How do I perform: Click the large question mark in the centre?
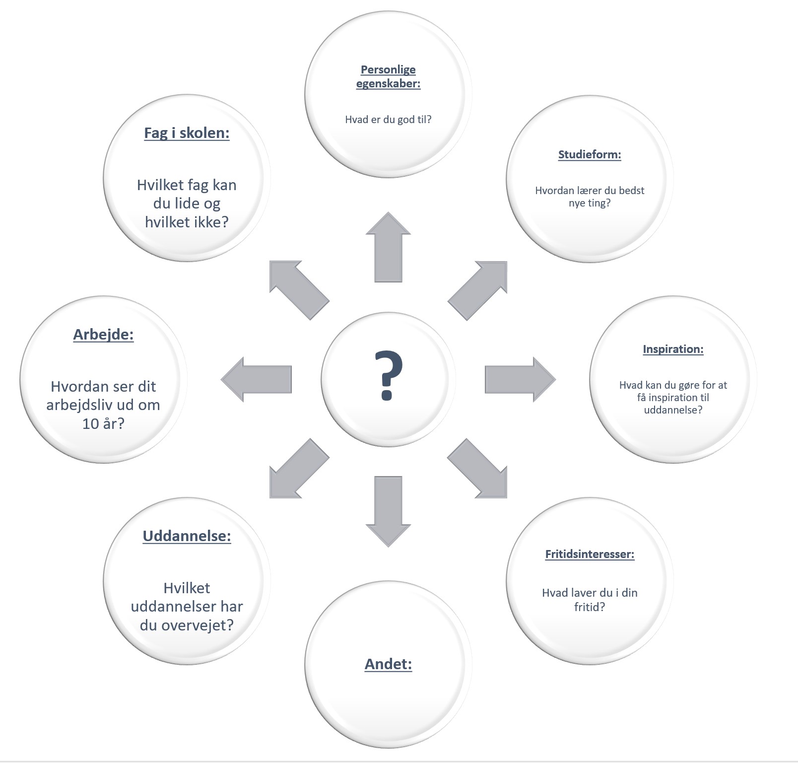tap(388, 375)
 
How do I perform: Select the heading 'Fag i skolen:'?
tap(187, 133)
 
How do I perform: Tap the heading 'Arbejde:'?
tap(103, 335)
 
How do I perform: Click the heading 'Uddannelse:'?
tap(187, 536)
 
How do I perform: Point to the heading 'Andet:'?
tap(388, 664)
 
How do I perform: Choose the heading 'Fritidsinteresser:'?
tap(590, 554)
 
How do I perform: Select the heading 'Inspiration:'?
tap(673, 349)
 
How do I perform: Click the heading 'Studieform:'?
tap(590, 154)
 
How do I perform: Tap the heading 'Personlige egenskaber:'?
tap(388, 76)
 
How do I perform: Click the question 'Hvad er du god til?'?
tap(388, 119)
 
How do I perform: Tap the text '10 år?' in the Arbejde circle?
tap(103, 423)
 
